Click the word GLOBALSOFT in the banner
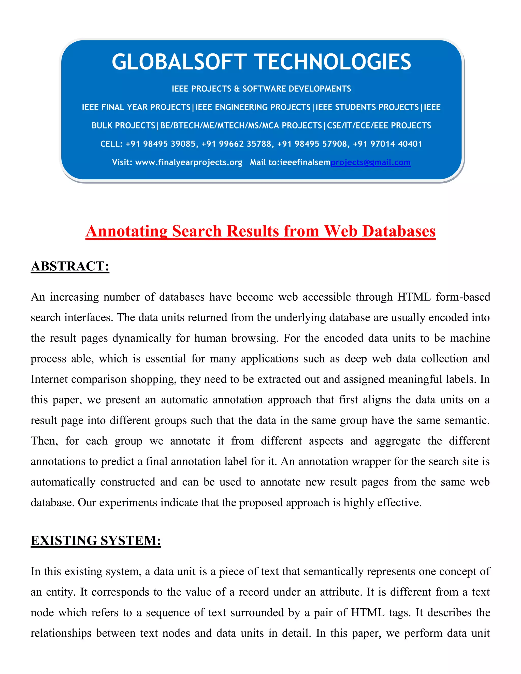pyautogui.click(x=179, y=62)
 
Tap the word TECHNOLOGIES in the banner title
pyautogui.click(x=334, y=62)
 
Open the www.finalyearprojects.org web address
pyautogui.click(x=189, y=162)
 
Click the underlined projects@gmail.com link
pyautogui.click(x=370, y=162)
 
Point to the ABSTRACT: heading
pyautogui.click(x=70, y=266)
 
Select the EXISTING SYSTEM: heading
pyautogui.click(x=96, y=540)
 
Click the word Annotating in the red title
pyautogui.click(x=126, y=231)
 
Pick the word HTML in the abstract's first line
pyautogui.click(x=414, y=297)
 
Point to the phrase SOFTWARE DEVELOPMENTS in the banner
pyautogui.click(x=297, y=89)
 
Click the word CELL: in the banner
pyautogui.click(x=111, y=144)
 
